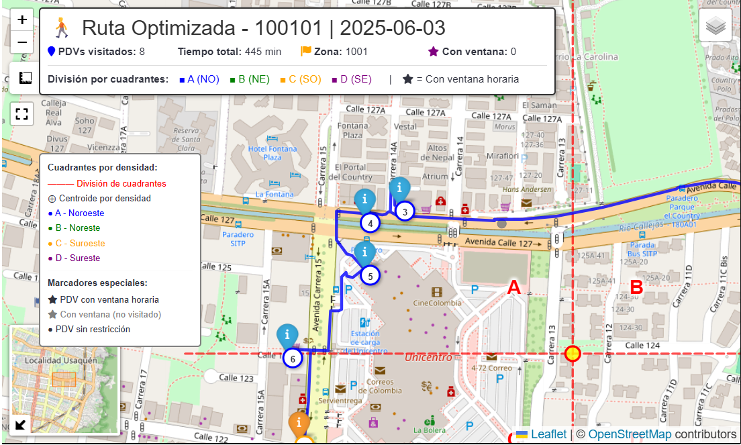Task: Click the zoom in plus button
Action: point(22,19)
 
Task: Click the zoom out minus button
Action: point(22,42)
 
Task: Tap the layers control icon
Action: point(715,26)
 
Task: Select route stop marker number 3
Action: point(405,212)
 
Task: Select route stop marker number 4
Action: point(370,223)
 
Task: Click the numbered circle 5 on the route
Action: point(369,275)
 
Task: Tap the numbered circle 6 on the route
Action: point(292,359)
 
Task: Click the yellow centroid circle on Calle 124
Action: point(573,354)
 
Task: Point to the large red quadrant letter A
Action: point(513,288)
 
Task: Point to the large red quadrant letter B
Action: point(636,288)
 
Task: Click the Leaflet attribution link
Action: point(549,434)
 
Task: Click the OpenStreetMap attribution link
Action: point(630,434)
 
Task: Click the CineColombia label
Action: point(437,302)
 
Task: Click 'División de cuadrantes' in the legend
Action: point(121,183)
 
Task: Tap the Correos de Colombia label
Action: point(380,386)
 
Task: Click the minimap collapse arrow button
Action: point(21,424)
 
